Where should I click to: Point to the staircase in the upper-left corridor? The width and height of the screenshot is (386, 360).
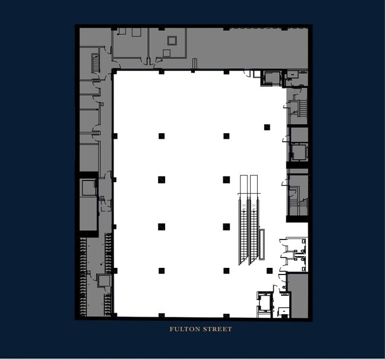click(94, 62)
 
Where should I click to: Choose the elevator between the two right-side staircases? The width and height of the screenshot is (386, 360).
click(297, 152)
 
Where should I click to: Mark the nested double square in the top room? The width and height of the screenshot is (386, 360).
click(173, 41)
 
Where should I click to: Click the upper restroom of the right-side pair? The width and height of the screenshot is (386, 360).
click(294, 245)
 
